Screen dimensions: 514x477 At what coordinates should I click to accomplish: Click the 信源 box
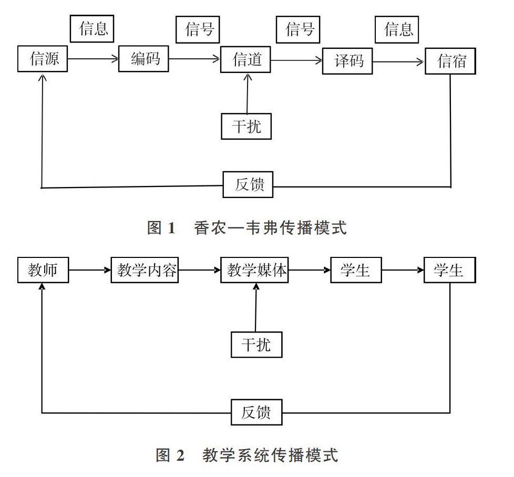(x=43, y=59)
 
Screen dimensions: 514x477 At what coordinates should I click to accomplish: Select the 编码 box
(x=143, y=59)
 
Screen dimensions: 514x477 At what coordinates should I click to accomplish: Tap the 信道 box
(x=245, y=60)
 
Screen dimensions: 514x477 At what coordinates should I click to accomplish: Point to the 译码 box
(x=347, y=61)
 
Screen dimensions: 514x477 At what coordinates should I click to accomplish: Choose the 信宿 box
(x=450, y=61)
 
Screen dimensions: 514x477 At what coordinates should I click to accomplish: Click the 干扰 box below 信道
(x=246, y=127)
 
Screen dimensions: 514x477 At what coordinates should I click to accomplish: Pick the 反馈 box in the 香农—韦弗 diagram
(x=248, y=184)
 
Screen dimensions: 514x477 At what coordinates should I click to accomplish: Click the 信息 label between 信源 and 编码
(x=92, y=29)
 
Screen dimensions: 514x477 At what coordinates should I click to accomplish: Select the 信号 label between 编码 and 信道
(x=198, y=29)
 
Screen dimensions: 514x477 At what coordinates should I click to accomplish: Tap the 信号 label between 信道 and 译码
(x=298, y=29)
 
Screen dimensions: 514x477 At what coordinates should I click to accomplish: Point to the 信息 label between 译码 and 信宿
(x=397, y=29)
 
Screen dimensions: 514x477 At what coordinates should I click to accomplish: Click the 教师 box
(x=43, y=270)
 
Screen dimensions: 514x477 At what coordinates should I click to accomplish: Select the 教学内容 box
(x=145, y=270)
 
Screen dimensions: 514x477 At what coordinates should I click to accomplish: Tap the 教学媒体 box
(x=255, y=270)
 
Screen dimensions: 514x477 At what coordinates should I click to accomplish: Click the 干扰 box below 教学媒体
(x=256, y=345)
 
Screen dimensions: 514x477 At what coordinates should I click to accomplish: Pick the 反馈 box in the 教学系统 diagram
(x=256, y=412)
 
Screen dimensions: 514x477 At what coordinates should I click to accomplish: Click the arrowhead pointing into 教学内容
(x=108, y=270)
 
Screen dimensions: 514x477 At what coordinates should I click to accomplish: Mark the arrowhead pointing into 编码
(x=115, y=59)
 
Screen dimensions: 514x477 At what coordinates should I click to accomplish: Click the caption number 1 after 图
(x=171, y=228)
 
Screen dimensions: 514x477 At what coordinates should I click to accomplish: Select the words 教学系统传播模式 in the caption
(x=270, y=455)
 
